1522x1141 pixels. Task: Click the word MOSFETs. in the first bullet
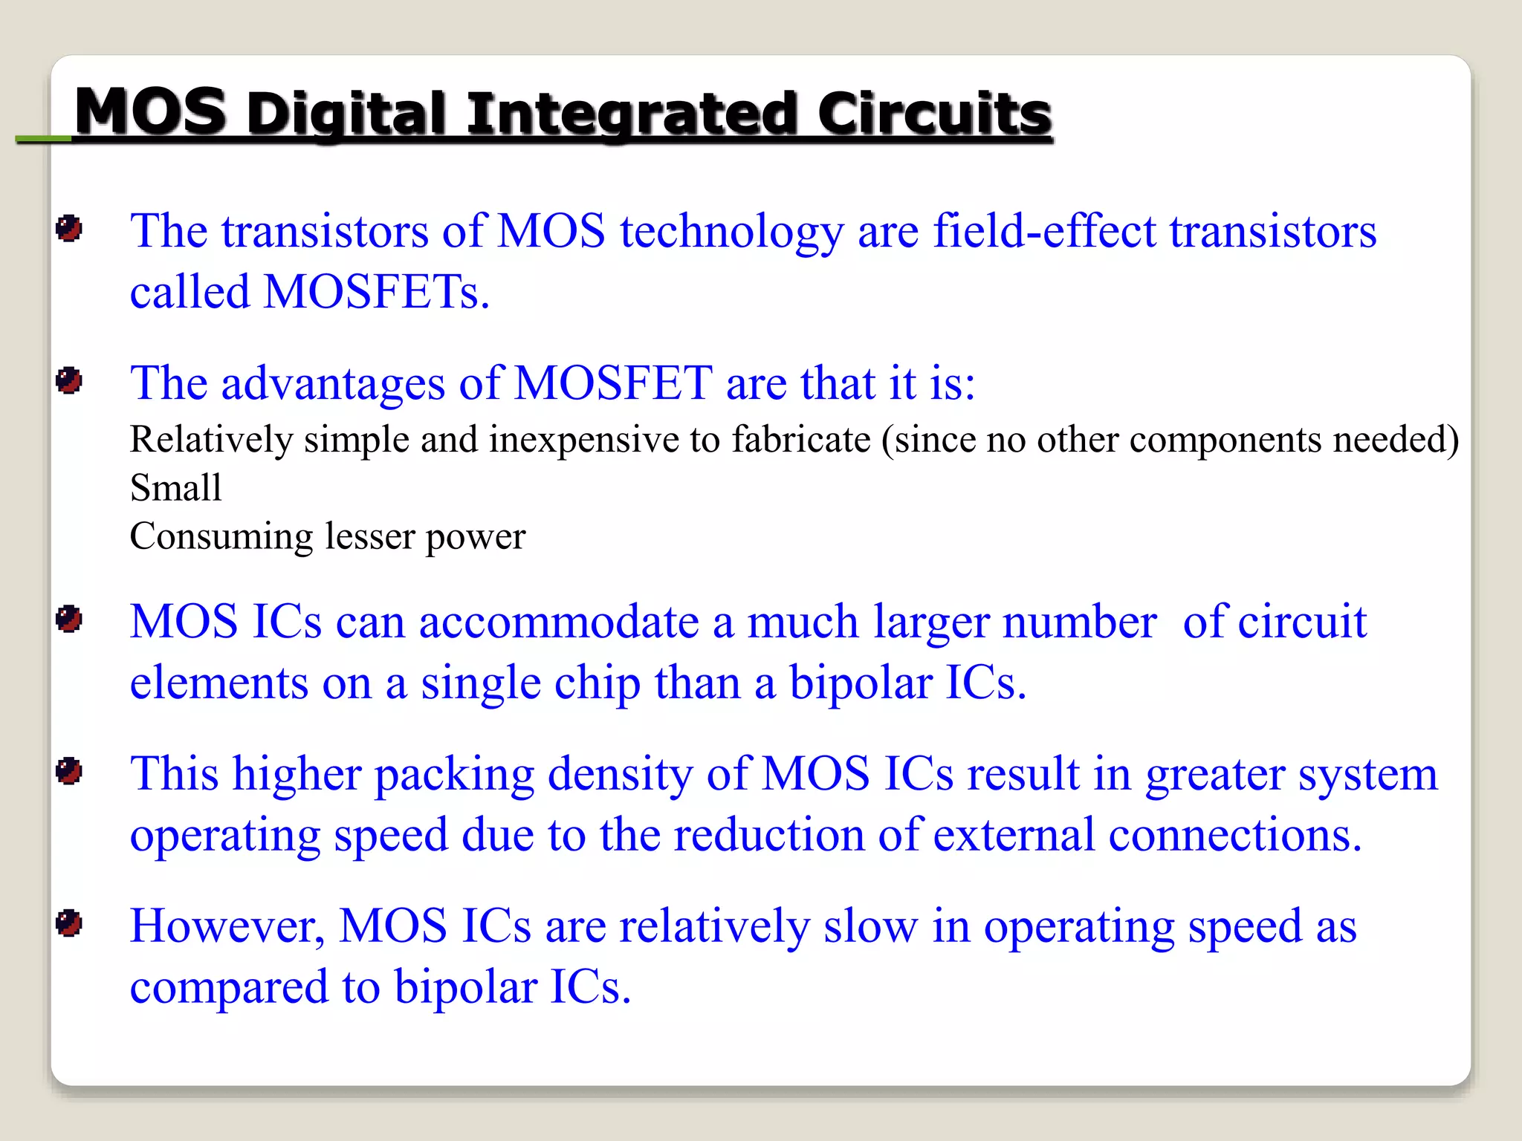coord(377,291)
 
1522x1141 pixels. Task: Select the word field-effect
coord(1044,230)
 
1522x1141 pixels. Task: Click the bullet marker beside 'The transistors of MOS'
coord(69,229)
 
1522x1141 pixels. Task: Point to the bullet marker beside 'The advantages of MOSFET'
coord(69,381)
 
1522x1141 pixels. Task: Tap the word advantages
coord(333,384)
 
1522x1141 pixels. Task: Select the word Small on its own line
coord(175,488)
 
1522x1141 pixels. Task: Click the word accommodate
coord(559,622)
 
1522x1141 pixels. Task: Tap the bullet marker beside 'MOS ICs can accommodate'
coord(69,619)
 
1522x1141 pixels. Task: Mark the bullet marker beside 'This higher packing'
coord(69,771)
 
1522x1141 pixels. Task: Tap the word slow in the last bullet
coord(870,926)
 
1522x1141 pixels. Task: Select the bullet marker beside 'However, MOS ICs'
coord(69,923)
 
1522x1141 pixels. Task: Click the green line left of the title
coord(43,139)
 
